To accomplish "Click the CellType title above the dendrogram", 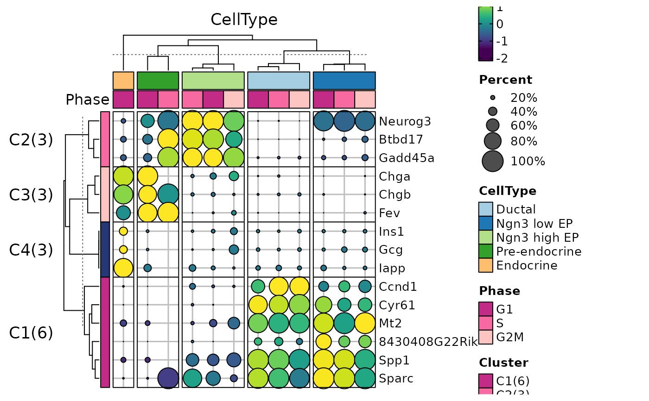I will pos(244,19).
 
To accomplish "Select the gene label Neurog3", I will pos(405,121).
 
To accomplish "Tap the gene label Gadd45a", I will pos(407,158).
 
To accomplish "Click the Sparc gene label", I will pos(396,378).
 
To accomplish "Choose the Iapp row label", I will pos(391,268).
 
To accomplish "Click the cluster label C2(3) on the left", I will pos(31,140).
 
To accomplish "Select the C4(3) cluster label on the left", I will pos(31,250).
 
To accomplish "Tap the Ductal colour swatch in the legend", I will pos(485,209).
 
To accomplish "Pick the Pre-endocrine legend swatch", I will pos(485,251).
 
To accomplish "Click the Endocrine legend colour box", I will pos(485,265).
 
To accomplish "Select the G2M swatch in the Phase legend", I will pos(485,337).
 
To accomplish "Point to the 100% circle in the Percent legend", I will pos(492,161).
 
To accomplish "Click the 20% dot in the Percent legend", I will pos(492,98).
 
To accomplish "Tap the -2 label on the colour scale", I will pos(502,58).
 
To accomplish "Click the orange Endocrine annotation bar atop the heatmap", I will pos(123,80).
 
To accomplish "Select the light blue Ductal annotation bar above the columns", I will pos(279,80).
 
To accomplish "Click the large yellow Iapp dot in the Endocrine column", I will pos(123,268).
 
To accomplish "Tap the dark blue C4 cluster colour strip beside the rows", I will pos(105,250).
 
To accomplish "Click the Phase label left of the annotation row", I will pos(87,100).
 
